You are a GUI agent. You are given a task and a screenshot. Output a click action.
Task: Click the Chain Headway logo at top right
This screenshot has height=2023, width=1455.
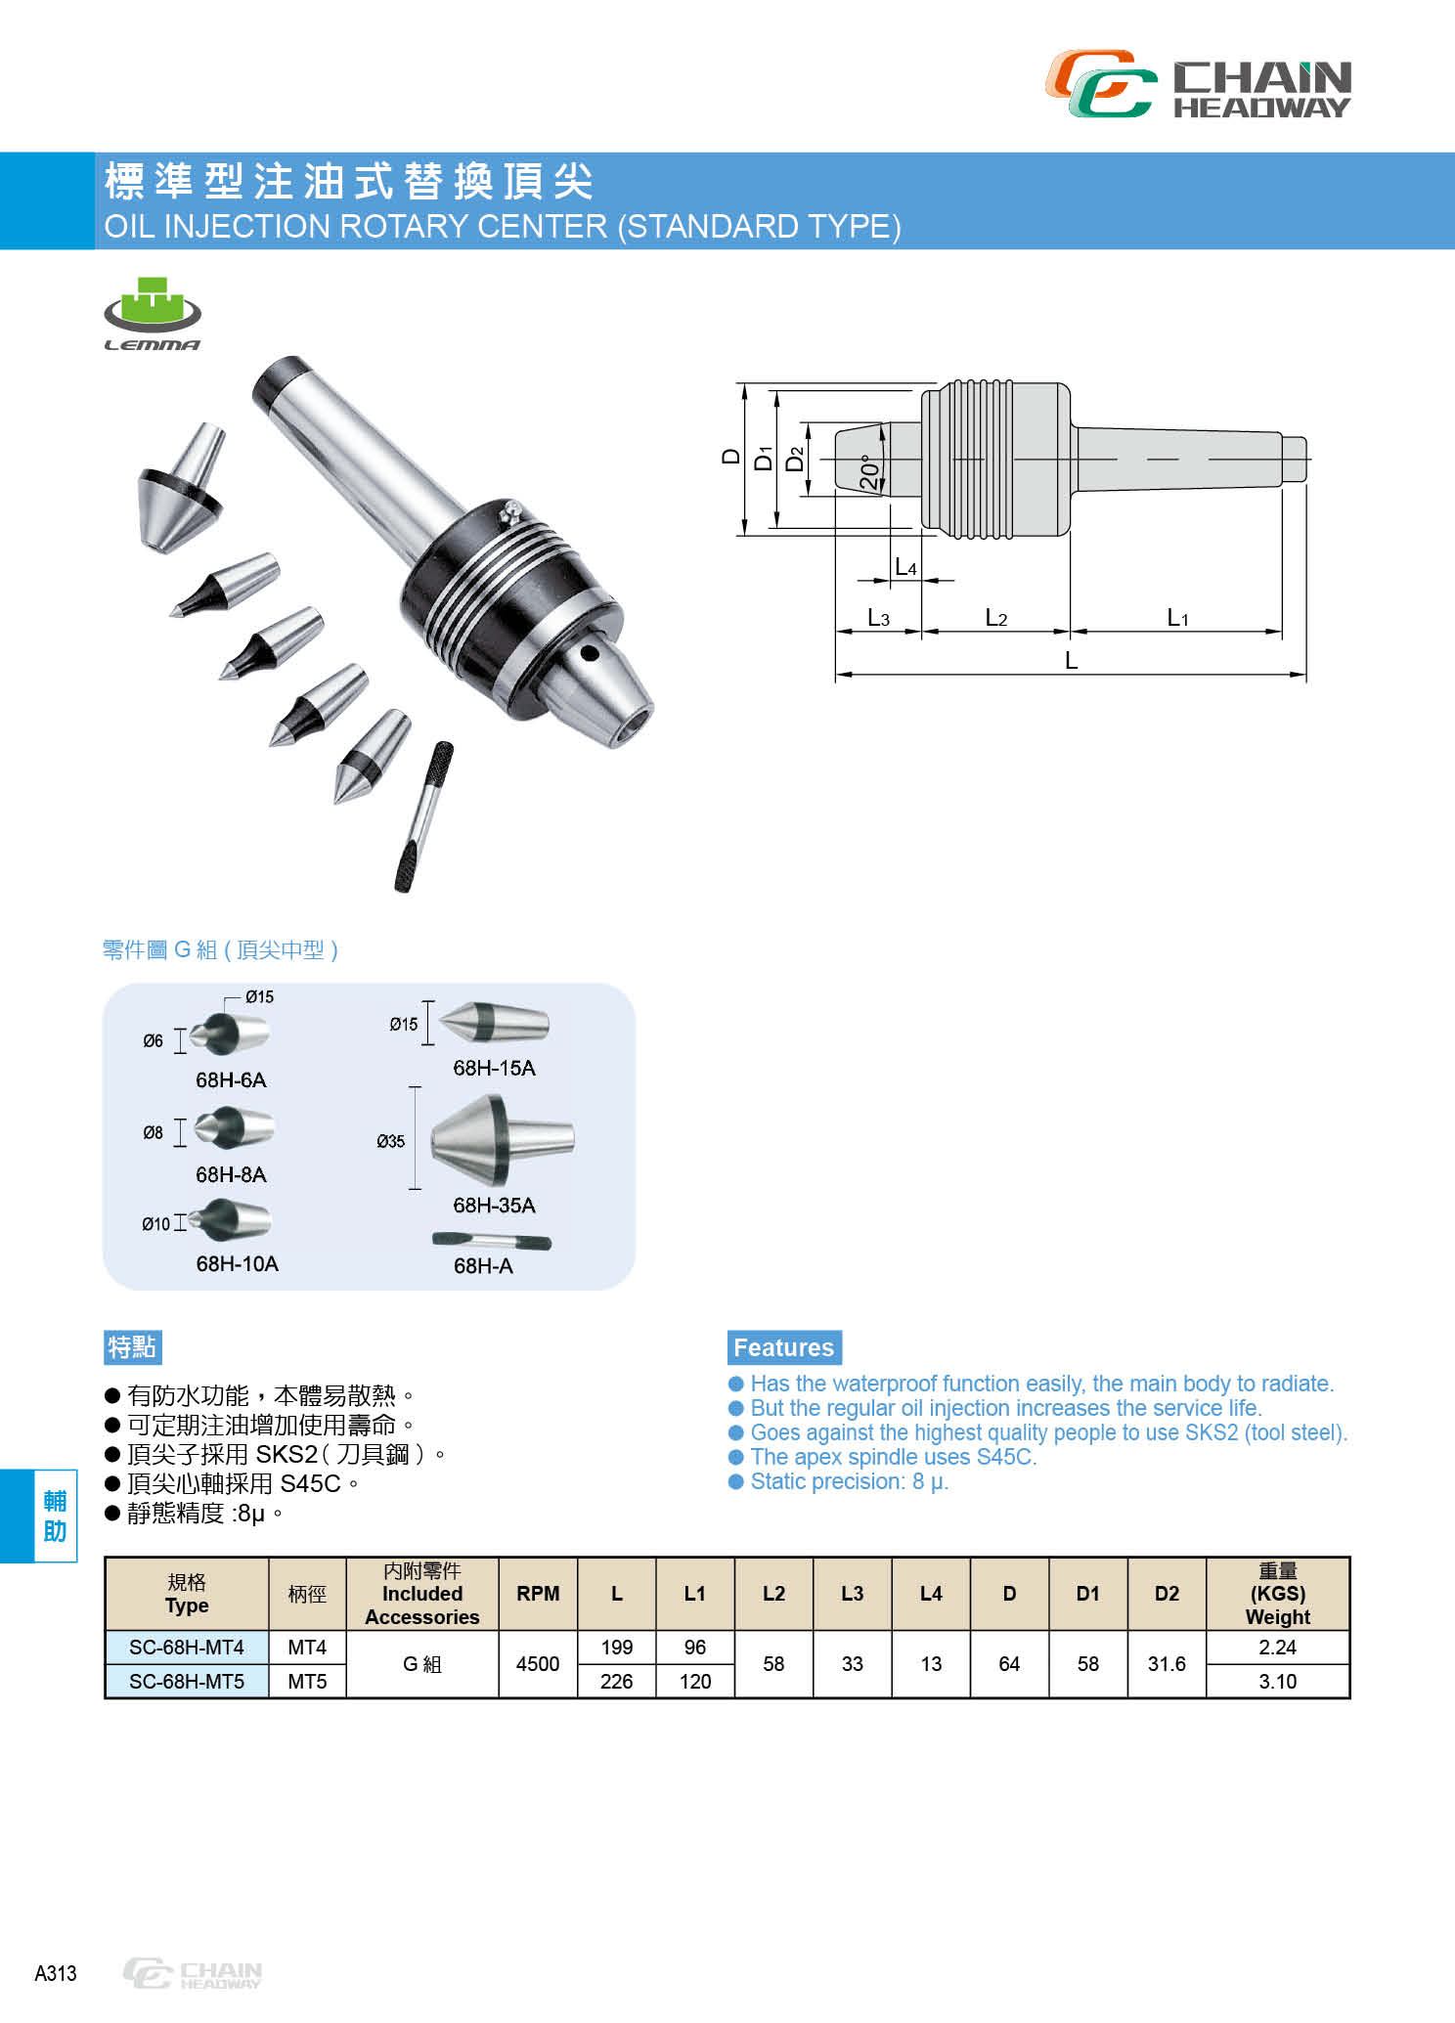[x=1198, y=85]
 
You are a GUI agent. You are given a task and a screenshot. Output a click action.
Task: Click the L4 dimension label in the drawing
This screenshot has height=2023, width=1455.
[x=905, y=568]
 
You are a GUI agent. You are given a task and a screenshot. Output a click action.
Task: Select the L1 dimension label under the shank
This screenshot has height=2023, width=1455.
[x=1177, y=618]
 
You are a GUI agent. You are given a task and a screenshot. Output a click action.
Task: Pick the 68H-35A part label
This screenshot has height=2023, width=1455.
[x=494, y=1206]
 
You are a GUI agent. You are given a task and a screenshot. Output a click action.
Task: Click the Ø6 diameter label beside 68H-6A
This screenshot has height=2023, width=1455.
[x=154, y=1041]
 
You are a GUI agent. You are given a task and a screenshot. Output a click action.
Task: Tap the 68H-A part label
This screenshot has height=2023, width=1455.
[x=483, y=1266]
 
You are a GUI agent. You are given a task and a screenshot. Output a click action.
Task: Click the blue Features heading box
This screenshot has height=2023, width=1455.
[x=783, y=1347]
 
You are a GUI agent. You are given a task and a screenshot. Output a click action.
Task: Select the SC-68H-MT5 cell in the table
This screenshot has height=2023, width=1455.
[x=187, y=1682]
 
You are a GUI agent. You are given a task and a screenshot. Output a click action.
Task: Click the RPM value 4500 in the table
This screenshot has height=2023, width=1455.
[x=538, y=1664]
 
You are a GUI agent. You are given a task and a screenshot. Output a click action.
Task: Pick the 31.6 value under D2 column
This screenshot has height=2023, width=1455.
[x=1167, y=1664]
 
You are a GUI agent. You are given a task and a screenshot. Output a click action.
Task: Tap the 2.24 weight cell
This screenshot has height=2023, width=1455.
[x=1277, y=1648]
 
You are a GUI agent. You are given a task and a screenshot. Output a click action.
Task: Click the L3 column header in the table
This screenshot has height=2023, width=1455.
[x=852, y=1594]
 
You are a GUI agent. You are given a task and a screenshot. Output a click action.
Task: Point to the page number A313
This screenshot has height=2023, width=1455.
[x=55, y=1973]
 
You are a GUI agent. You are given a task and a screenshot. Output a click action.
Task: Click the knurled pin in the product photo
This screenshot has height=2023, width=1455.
[x=423, y=817]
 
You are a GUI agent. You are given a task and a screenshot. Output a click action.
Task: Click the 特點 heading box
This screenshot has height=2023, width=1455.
[x=132, y=1347]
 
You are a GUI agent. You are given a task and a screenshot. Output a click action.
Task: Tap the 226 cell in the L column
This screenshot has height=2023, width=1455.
[x=616, y=1682]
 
